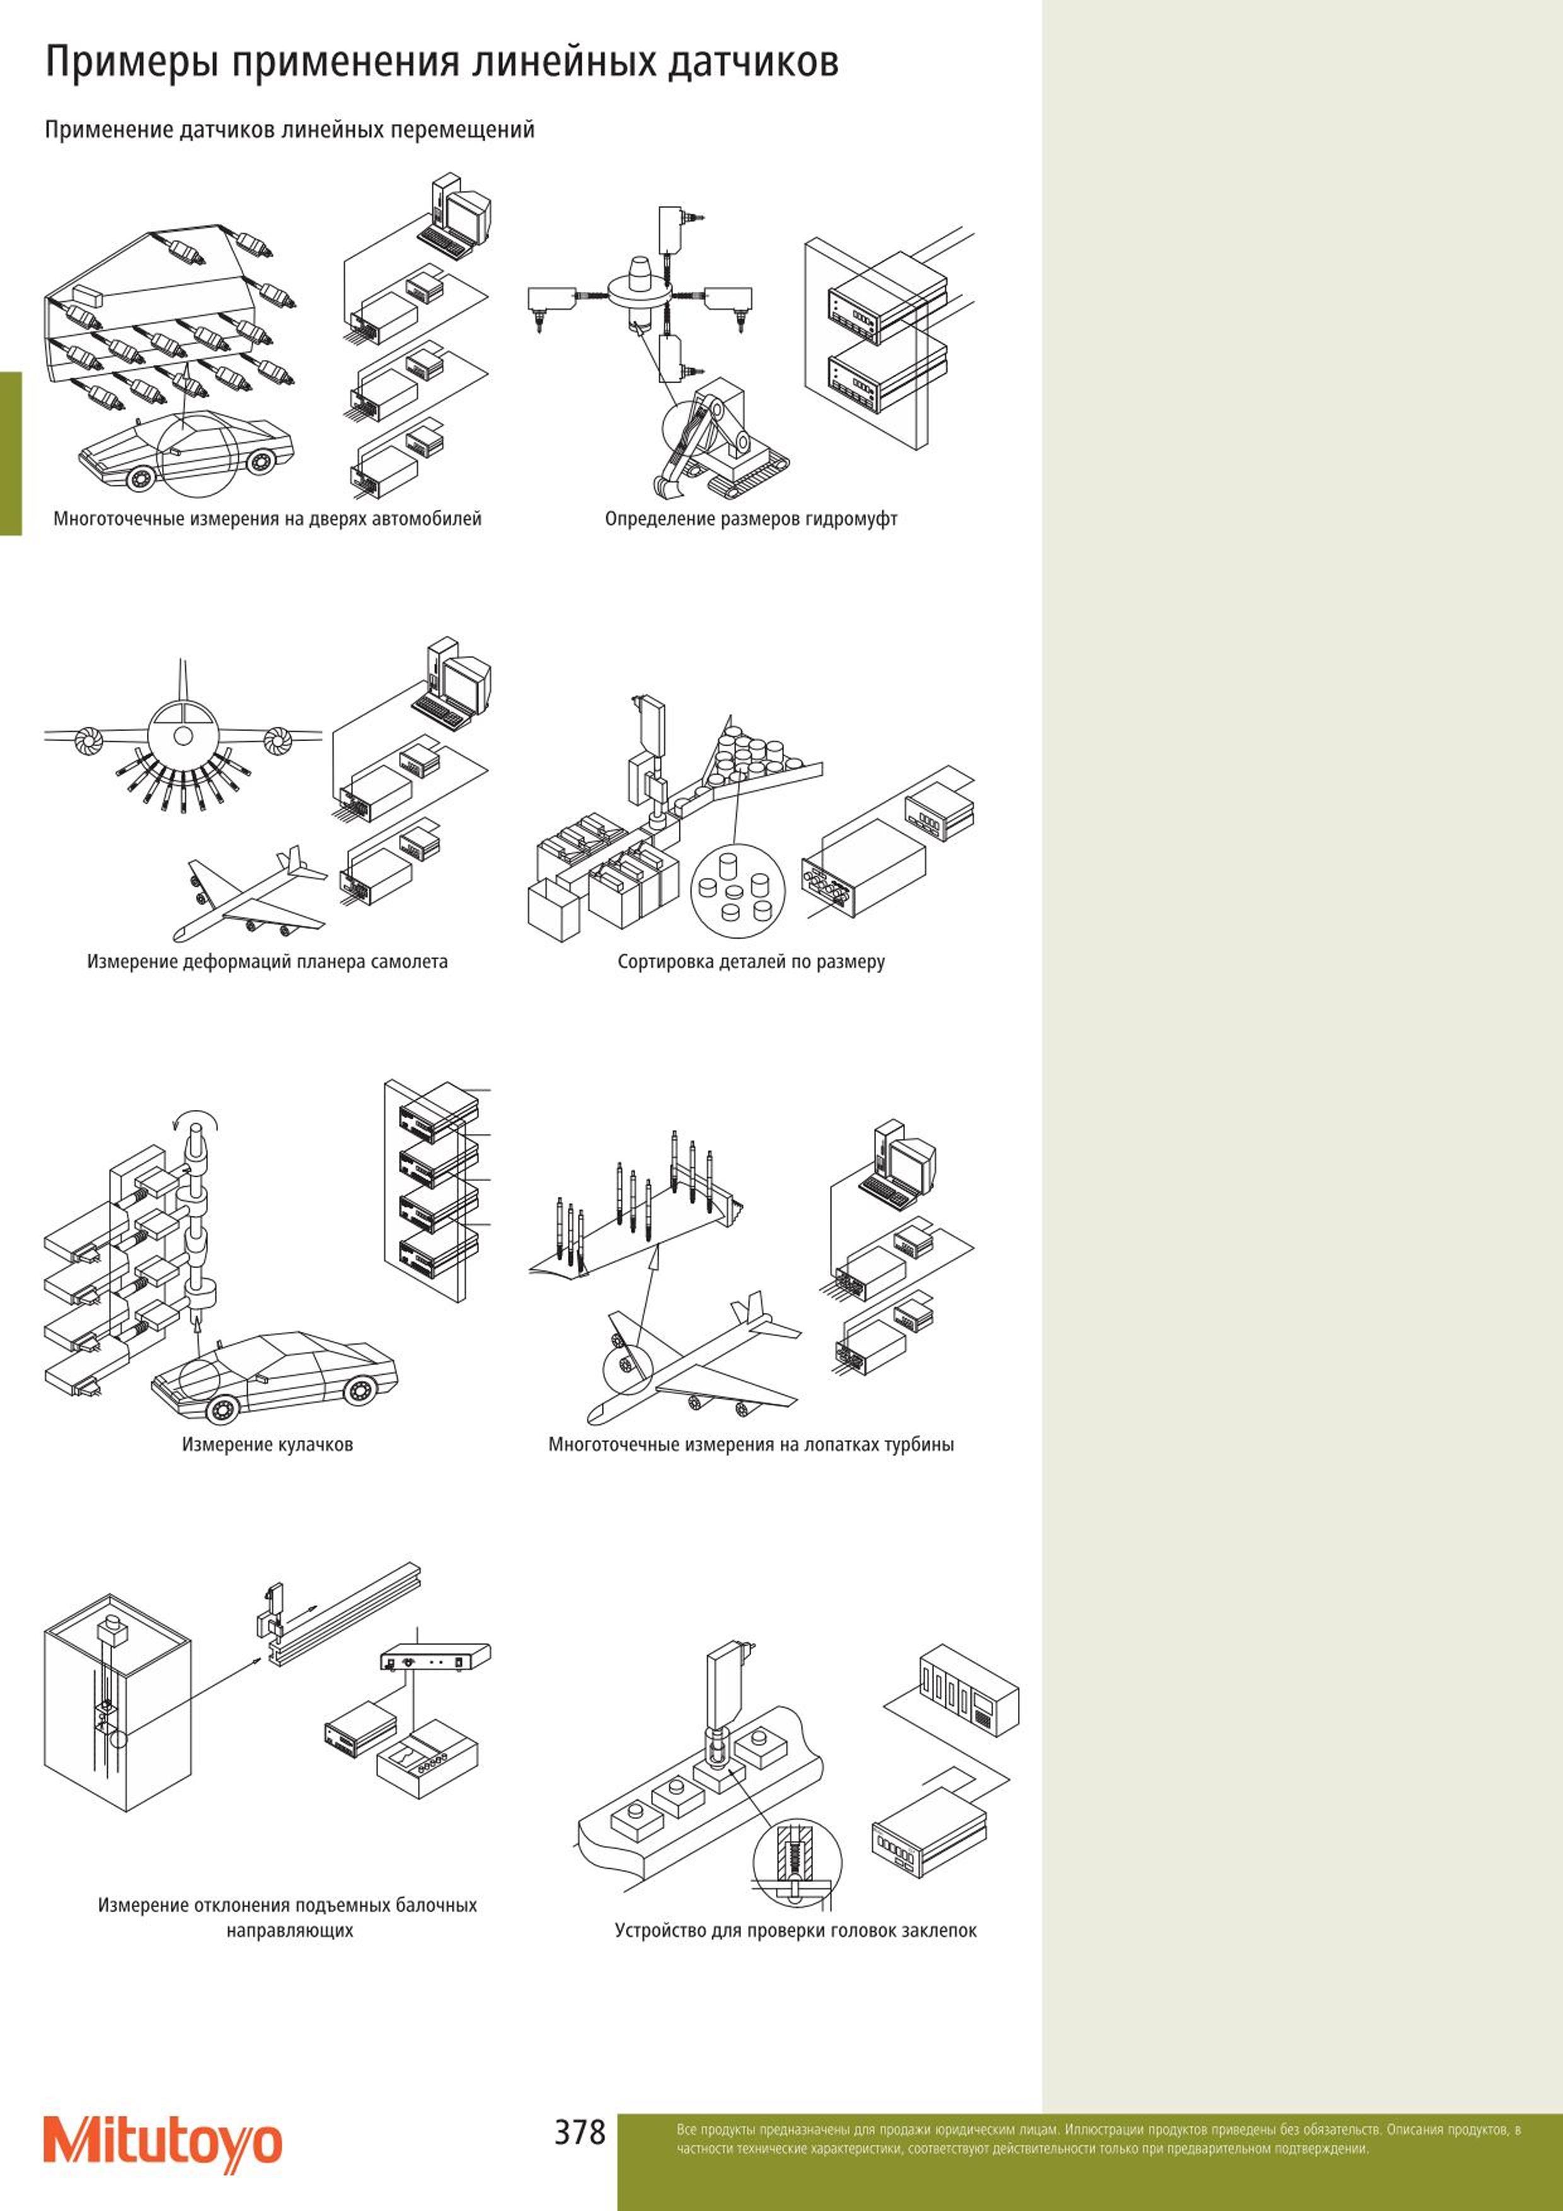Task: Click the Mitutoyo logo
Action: [x=163, y=2143]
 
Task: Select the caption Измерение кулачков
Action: [x=268, y=1445]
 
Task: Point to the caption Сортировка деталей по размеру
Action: [x=751, y=961]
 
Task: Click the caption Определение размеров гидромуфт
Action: [x=751, y=519]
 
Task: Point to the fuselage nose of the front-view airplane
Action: [x=183, y=737]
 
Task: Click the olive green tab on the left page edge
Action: [x=11, y=453]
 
